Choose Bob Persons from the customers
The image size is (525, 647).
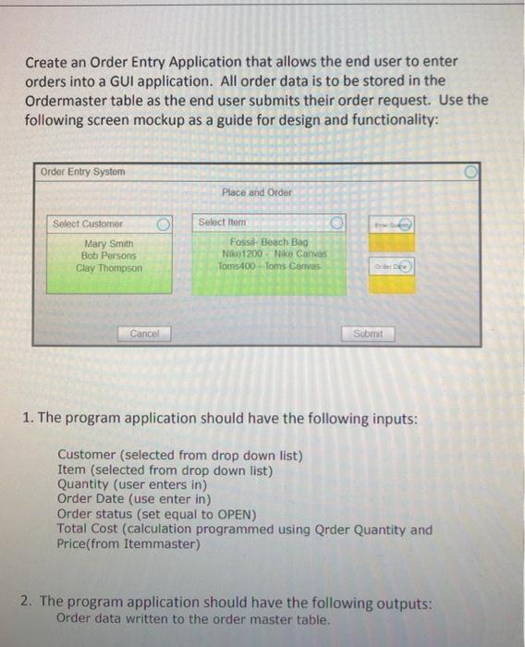pyautogui.click(x=108, y=255)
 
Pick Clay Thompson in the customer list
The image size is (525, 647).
pyautogui.click(x=109, y=267)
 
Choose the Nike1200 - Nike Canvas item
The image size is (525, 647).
pyautogui.click(x=268, y=254)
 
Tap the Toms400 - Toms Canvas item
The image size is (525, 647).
pyautogui.click(x=267, y=265)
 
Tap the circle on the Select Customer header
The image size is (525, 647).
pyautogui.click(x=164, y=223)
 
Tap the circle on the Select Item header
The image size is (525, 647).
pyautogui.click(x=337, y=223)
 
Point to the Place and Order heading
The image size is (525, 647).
pyautogui.click(x=257, y=192)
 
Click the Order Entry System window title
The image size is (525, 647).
pyautogui.click(x=83, y=172)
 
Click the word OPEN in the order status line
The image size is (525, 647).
pyautogui.click(x=238, y=515)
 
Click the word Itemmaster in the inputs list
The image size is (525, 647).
pyautogui.click(x=162, y=544)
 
